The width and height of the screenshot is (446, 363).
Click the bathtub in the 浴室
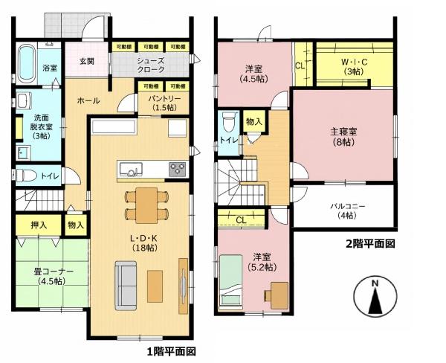click(27, 63)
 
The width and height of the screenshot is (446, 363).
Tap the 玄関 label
click(86, 61)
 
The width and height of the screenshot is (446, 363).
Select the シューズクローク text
click(150, 65)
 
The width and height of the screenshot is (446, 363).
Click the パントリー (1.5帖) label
click(164, 103)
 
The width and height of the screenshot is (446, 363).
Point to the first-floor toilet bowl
click(26, 175)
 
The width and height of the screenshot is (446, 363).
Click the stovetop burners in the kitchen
click(178, 169)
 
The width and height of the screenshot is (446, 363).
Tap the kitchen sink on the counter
click(131, 169)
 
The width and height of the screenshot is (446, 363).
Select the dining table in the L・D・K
click(146, 205)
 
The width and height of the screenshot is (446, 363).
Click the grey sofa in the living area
click(126, 286)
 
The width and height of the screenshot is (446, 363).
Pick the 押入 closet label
click(39, 225)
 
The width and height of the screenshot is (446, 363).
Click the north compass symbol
click(375, 296)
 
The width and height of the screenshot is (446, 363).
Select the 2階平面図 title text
click(370, 244)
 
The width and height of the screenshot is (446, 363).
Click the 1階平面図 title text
click(171, 352)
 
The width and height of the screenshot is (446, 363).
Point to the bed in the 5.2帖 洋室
click(231, 282)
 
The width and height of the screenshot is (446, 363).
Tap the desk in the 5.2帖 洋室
click(279, 295)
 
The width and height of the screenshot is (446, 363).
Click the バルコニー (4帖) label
click(347, 211)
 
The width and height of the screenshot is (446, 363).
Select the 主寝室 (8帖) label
click(343, 136)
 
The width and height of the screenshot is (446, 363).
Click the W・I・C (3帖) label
click(354, 66)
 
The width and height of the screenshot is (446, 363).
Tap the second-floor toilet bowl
click(229, 122)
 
